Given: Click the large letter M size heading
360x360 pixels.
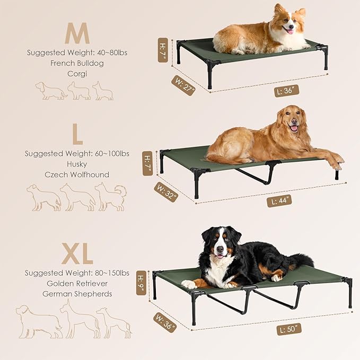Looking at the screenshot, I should click(77, 34).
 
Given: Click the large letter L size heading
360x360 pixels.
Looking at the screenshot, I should click(77, 135).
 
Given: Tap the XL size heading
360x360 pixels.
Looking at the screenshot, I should click(77, 254).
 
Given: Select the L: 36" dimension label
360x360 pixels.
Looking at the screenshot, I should click(287, 91).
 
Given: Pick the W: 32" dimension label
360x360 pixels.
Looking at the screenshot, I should click(166, 192).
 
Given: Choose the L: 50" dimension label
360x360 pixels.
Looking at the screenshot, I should click(289, 329).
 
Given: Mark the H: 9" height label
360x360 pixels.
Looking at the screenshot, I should click(141, 283).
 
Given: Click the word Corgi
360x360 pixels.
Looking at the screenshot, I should click(77, 73).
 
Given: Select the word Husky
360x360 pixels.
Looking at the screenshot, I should click(77, 164).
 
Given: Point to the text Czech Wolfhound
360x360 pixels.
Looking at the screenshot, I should click(77, 174).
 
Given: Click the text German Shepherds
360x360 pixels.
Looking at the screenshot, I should click(77, 294).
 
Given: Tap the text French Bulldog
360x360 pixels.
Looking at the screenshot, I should click(77, 63).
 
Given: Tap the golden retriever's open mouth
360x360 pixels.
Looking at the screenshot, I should click(293, 128).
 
